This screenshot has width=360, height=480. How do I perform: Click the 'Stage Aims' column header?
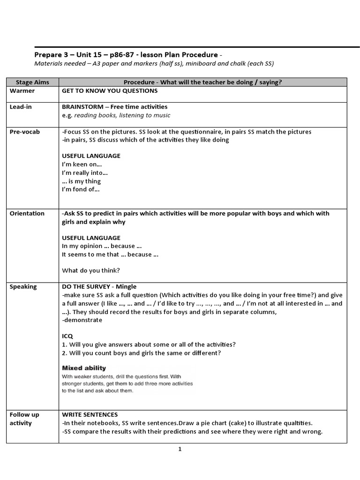[x=32, y=82]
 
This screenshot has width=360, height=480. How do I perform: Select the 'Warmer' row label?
[x=22, y=91]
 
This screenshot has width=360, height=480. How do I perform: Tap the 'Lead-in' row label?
[x=21, y=107]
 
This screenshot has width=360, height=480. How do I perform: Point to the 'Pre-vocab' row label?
[x=25, y=132]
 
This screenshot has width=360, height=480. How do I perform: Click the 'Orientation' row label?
[x=27, y=213]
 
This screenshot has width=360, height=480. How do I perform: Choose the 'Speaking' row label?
[x=23, y=286]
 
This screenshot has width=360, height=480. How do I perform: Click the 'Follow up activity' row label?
[x=24, y=419]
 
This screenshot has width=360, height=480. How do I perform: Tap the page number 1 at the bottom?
[x=180, y=449]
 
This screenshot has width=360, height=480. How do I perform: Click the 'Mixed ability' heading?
[x=84, y=368]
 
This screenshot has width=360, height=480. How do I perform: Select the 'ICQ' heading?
[x=67, y=336]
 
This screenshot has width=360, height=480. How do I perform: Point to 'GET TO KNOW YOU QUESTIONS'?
[x=110, y=91]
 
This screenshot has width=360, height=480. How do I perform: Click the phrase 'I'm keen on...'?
[x=82, y=165]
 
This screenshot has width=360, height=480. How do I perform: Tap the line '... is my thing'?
[x=81, y=181]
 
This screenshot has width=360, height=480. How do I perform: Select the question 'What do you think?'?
[x=91, y=270]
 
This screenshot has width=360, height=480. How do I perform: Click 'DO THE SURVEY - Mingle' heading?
[x=99, y=286]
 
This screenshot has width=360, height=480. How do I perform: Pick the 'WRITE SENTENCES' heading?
[x=90, y=415]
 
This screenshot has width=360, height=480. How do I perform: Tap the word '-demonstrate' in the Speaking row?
[x=82, y=320]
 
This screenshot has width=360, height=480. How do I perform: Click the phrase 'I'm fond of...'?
[x=81, y=190]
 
